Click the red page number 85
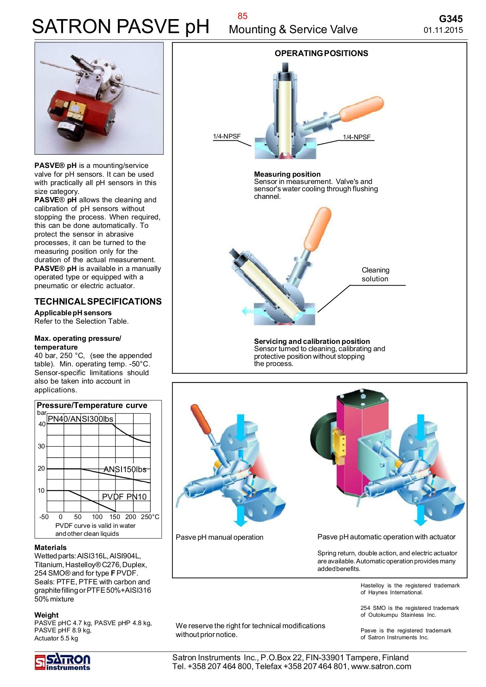pyautogui.click(x=242, y=16)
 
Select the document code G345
pyautogui.click(x=450, y=19)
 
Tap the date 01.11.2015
pyautogui.click(x=443, y=30)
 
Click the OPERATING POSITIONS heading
pyautogui.click(x=321, y=53)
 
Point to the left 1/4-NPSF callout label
pyautogui.click(x=227, y=136)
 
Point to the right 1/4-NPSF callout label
pyautogui.click(x=356, y=137)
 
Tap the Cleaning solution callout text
pyautogui.click(x=375, y=274)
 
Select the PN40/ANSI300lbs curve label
pyautogui.click(x=80, y=419)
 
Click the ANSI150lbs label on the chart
pyautogui.click(x=125, y=469)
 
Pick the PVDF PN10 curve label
pyautogui.click(x=124, y=497)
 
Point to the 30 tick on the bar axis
pyautogui.click(x=41, y=446)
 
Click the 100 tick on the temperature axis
pyautogui.click(x=97, y=517)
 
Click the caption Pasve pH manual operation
pyautogui.click(x=219, y=537)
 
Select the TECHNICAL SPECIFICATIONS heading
pyautogui.click(x=98, y=302)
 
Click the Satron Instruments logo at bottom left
pyautogui.click(x=63, y=662)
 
